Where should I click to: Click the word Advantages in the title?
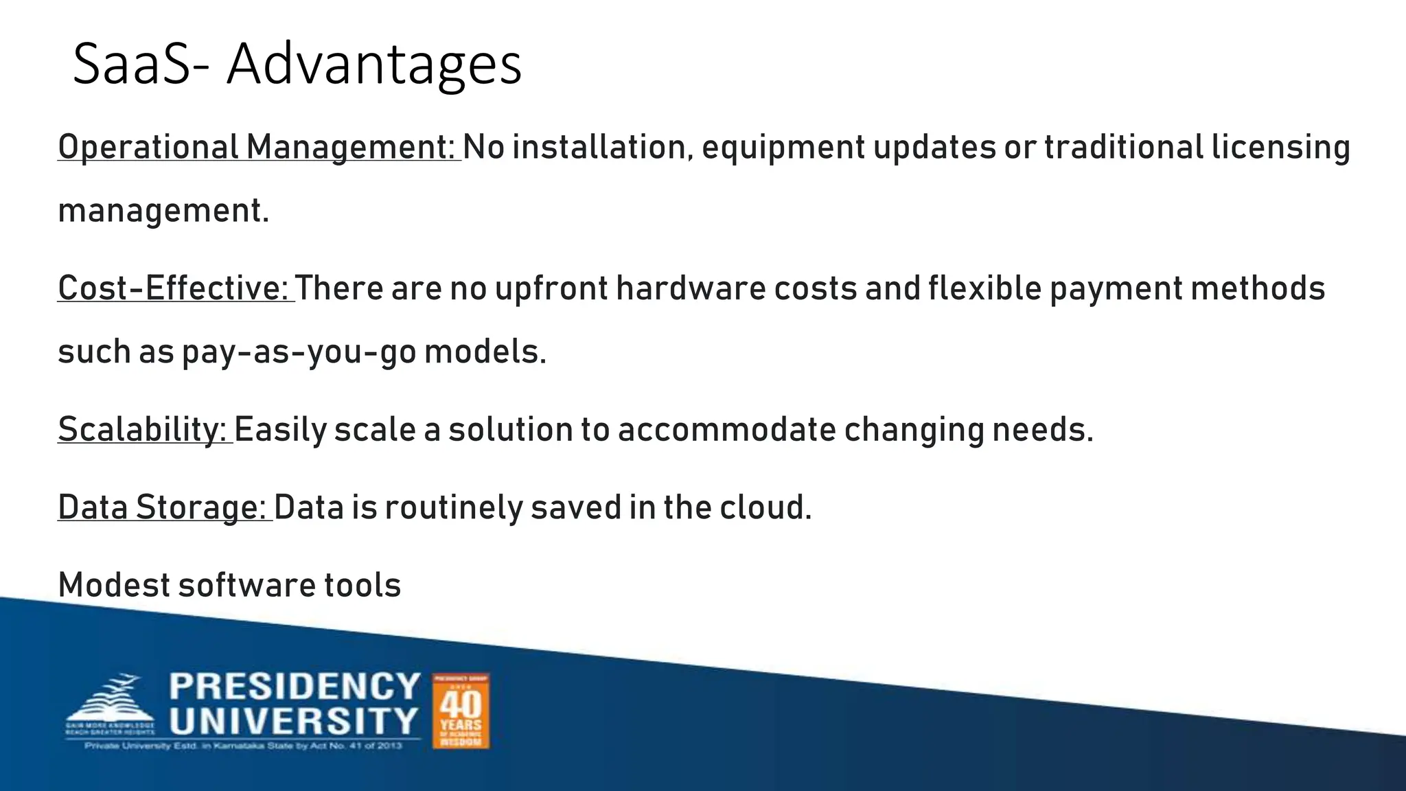[x=374, y=65]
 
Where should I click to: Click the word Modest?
[x=114, y=586]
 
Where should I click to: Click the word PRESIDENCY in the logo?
[x=295, y=687]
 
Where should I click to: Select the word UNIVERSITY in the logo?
[x=295, y=721]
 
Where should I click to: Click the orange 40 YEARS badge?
[x=461, y=711]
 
